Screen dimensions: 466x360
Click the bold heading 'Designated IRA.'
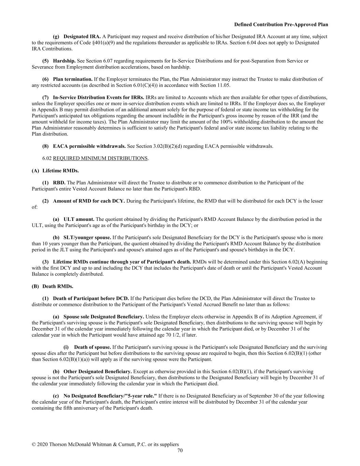82,37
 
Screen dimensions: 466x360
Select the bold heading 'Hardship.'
64,61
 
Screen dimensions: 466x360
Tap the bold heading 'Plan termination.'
73,79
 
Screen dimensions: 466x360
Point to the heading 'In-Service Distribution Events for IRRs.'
99,97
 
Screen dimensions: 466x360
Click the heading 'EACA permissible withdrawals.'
89,146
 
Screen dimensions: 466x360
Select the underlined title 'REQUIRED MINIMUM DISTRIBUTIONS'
100,158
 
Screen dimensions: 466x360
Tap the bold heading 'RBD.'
59,183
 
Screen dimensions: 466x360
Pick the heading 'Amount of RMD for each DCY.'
89,201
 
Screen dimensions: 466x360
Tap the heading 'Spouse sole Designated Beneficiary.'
104,317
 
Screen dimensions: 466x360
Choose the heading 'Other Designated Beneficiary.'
98,371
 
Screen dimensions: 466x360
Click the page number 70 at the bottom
180,451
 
